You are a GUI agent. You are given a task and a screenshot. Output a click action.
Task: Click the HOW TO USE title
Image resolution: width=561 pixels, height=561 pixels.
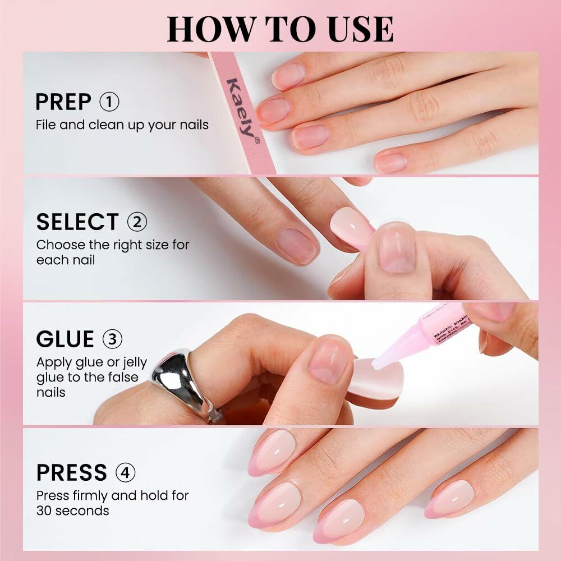pos(280,29)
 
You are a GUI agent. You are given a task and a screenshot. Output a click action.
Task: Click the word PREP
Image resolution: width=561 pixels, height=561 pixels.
pos(63,102)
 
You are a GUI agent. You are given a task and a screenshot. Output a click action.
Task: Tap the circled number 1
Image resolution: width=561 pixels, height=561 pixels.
pos(109,102)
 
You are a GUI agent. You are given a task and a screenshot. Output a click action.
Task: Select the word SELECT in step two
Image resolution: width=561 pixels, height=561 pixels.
pos(77,222)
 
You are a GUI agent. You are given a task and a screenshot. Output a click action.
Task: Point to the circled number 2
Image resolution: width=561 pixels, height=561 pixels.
pos(137,222)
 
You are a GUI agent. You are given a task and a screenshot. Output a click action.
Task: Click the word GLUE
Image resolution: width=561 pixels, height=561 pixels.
pos(65,339)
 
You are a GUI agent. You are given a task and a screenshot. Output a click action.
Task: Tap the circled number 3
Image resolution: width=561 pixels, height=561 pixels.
pos(112,339)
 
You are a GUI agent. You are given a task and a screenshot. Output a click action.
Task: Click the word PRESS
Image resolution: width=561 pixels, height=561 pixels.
pos(71,473)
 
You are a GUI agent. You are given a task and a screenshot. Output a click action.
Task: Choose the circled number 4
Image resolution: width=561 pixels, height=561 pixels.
pos(125,472)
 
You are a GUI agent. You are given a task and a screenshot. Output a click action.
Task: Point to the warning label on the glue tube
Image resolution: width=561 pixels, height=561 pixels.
pos(452,325)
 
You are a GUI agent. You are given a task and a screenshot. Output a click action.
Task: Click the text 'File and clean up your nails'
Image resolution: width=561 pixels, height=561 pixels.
pos(122,125)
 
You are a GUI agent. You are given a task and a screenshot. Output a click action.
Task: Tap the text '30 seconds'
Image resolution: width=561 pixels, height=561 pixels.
pos(72,511)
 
